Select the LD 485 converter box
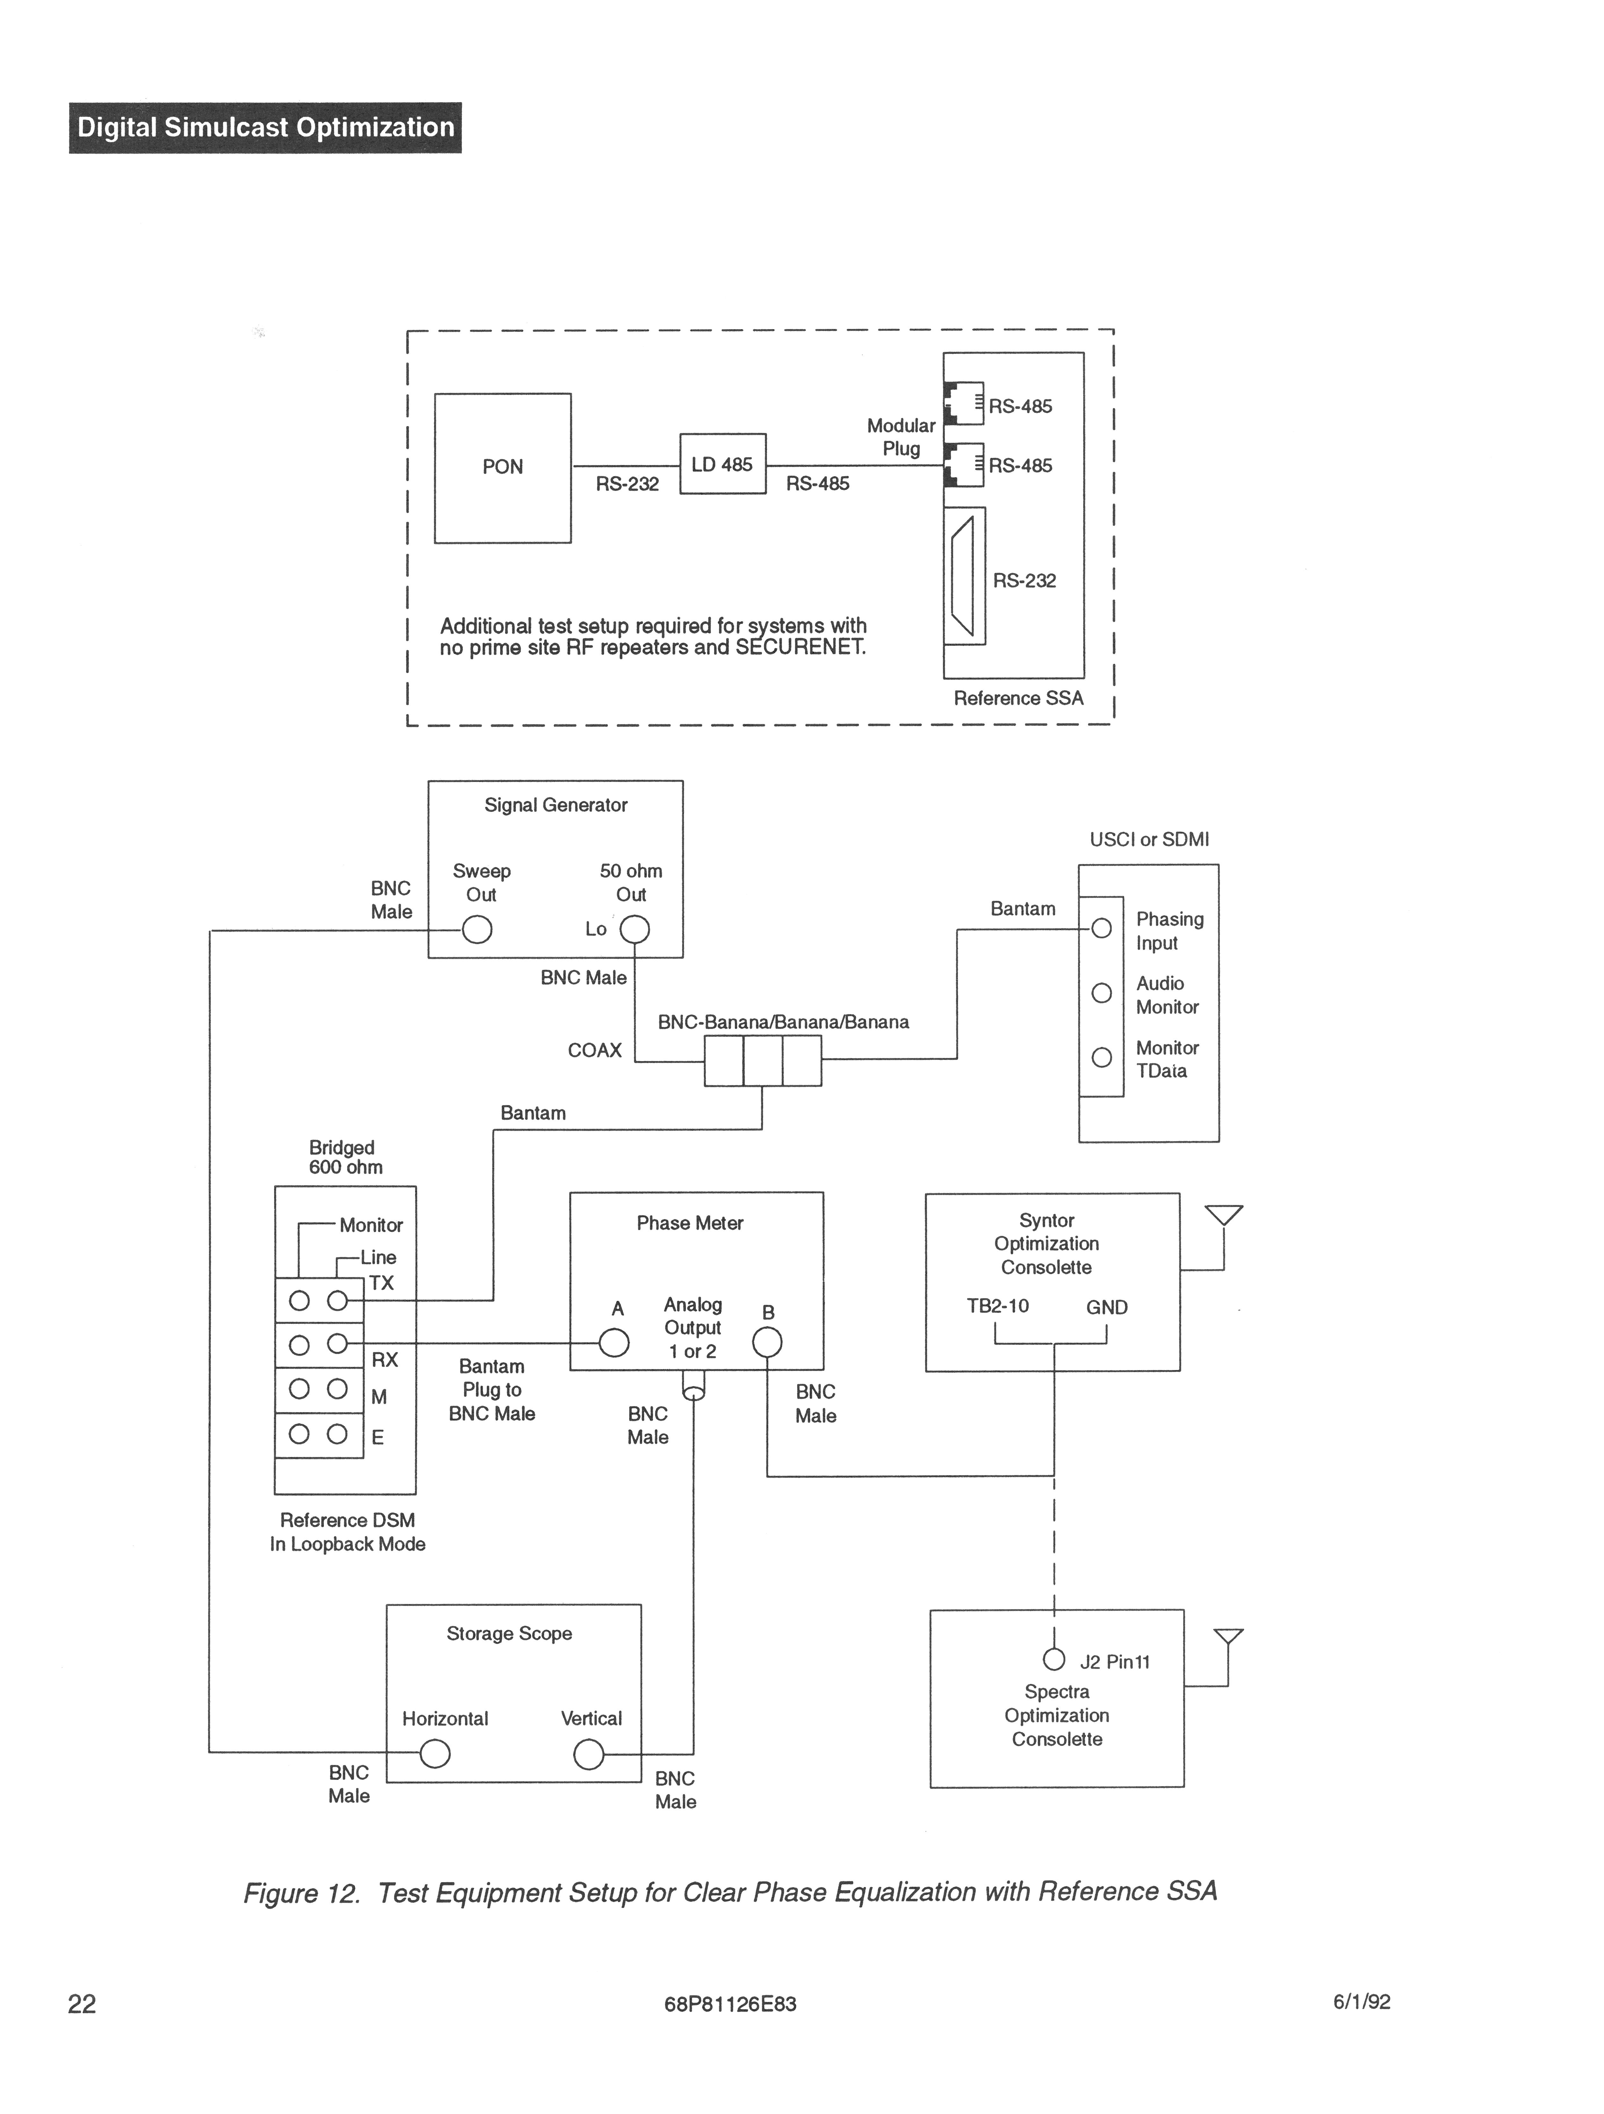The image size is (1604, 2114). (x=723, y=464)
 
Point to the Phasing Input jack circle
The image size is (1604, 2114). (x=1101, y=928)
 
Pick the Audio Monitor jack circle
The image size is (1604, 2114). (x=1101, y=993)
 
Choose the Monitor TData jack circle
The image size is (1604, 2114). (x=1101, y=1057)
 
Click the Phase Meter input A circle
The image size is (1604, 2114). (x=614, y=1343)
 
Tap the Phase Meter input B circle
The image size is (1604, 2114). (x=767, y=1343)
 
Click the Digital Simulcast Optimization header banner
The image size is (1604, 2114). (x=265, y=127)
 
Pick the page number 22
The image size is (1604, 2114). (x=82, y=2003)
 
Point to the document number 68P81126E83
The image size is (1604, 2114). (x=729, y=2004)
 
